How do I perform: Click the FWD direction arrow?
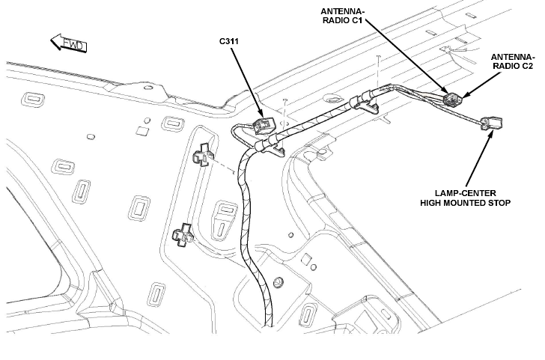[68, 43]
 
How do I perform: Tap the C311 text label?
[229, 41]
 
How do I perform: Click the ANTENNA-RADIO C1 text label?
[343, 16]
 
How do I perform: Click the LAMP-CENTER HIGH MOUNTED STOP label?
[466, 198]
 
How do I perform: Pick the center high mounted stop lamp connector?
[491, 123]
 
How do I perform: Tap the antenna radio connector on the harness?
[452, 99]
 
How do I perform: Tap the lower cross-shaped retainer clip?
[183, 235]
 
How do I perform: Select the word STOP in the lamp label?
[501, 203]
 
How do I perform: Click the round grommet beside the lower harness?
[278, 282]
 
